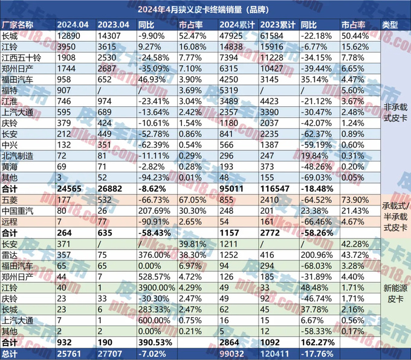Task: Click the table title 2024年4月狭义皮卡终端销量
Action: [x=205, y=9]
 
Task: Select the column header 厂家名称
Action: [x=19, y=24]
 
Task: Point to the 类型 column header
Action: [x=390, y=24]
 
